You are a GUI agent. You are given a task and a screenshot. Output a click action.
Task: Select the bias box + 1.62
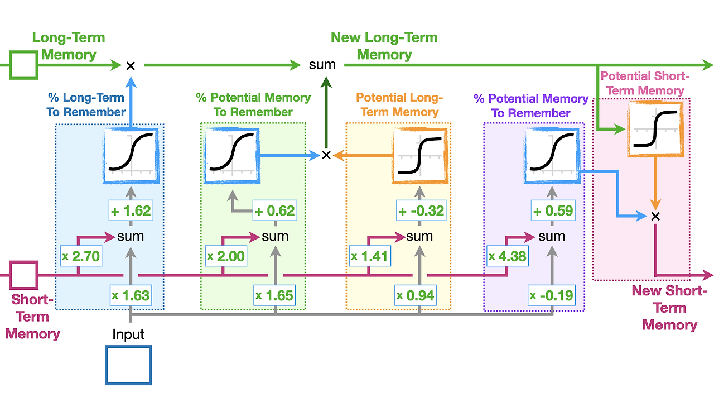(x=131, y=211)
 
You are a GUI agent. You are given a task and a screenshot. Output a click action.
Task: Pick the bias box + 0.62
(x=274, y=211)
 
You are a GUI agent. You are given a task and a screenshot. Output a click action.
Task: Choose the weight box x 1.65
(x=274, y=295)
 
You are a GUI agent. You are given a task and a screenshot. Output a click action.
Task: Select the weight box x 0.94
(x=416, y=295)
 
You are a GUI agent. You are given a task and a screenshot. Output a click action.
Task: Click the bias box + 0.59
(x=551, y=211)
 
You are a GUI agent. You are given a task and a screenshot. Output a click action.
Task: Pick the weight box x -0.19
(x=551, y=295)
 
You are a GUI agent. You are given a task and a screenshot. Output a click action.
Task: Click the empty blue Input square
(x=128, y=366)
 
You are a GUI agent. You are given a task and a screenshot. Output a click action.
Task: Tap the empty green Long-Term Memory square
(x=23, y=65)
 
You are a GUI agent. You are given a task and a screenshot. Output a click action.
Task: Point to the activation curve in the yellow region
(x=419, y=156)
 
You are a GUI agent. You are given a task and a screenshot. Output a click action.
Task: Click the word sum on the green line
(x=322, y=65)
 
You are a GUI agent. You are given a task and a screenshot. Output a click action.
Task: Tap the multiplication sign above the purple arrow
(x=656, y=216)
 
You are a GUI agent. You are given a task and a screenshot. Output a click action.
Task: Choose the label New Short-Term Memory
(x=669, y=308)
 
